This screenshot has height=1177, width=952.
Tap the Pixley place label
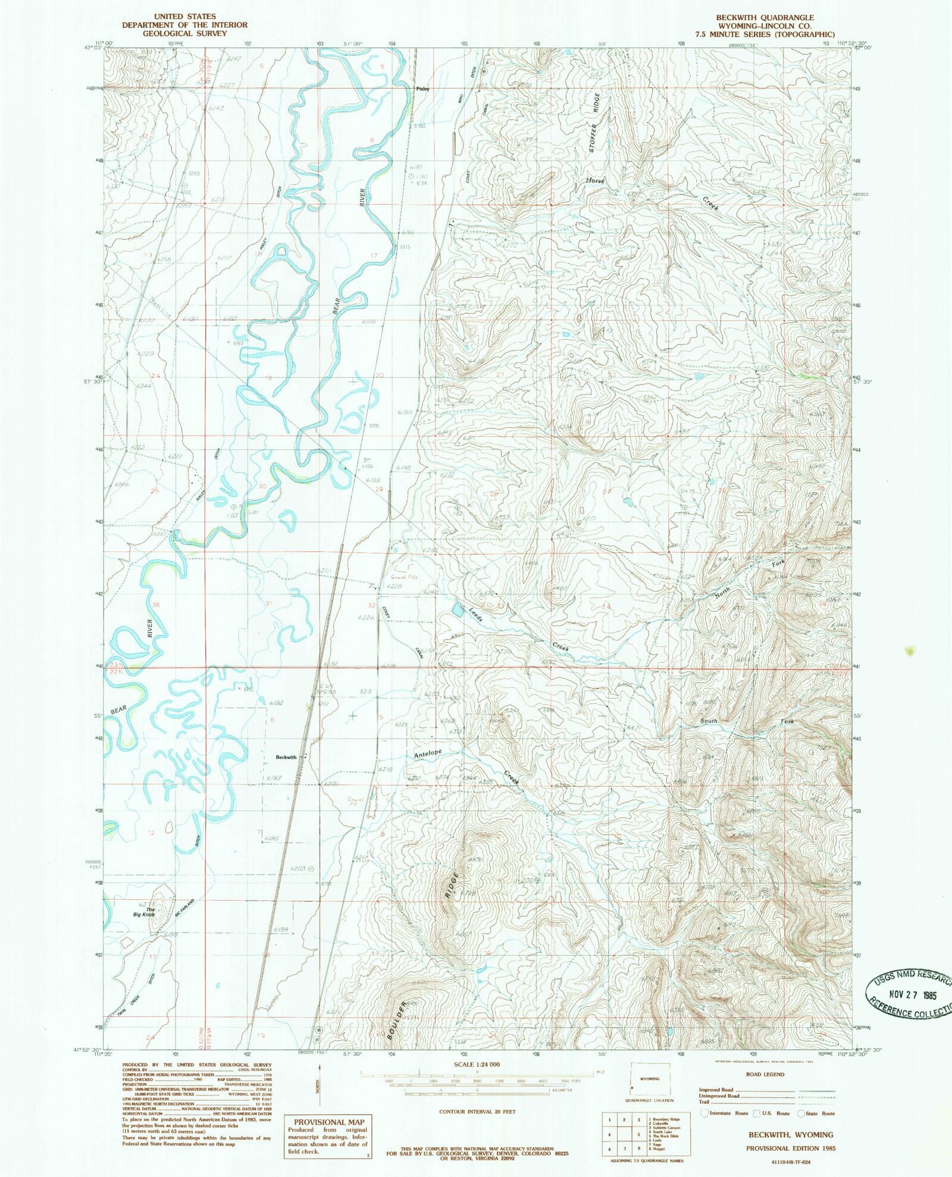coord(422,89)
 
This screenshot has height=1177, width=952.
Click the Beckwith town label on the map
coord(286,757)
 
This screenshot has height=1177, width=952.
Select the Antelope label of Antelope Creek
coord(428,753)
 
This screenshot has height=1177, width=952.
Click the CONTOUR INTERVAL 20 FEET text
coord(477,1111)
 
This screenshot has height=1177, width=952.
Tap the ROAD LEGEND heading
coord(765,1074)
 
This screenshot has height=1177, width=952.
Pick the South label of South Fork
coord(709,721)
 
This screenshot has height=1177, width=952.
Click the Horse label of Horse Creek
coord(594,180)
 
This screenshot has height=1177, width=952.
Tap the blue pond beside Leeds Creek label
coord(458,609)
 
